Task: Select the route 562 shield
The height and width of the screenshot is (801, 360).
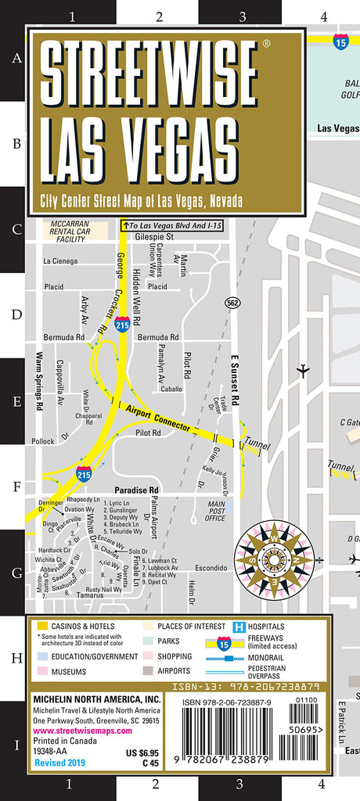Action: [233, 302]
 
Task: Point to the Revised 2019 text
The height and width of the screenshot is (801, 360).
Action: [58, 761]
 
